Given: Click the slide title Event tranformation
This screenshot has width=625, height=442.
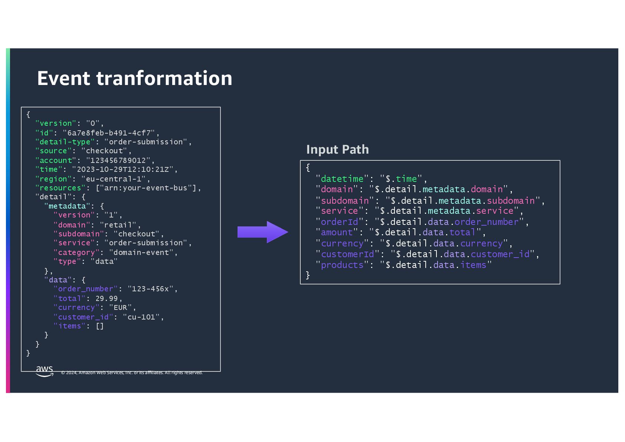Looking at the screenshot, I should pyautogui.click(x=134, y=78).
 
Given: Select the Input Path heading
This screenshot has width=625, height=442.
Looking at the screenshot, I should pyautogui.click(x=337, y=150).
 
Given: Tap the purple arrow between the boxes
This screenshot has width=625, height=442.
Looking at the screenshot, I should pyautogui.click(x=263, y=232).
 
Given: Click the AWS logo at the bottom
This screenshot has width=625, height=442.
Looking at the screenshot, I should pyautogui.click(x=45, y=371).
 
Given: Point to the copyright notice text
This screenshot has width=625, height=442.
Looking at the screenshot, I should pyautogui.click(x=132, y=373).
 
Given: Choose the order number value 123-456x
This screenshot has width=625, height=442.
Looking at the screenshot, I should pyautogui.click(x=153, y=289).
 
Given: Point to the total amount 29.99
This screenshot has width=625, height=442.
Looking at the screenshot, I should pyautogui.click(x=107, y=298).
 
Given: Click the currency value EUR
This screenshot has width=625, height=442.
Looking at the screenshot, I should pyautogui.click(x=120, y=308).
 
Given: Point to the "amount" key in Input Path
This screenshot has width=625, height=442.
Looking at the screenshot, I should pyautogui.click(x=337, y=232).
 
